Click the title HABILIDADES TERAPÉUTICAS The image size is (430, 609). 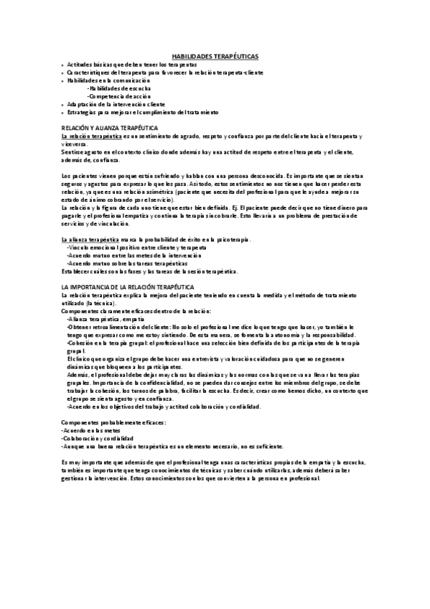click(x=215, y=56)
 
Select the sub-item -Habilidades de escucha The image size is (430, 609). click(x=119, y=88)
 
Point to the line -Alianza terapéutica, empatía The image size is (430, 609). click(x=105, y=318)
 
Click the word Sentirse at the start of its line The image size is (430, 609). click(x=73, y=152)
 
